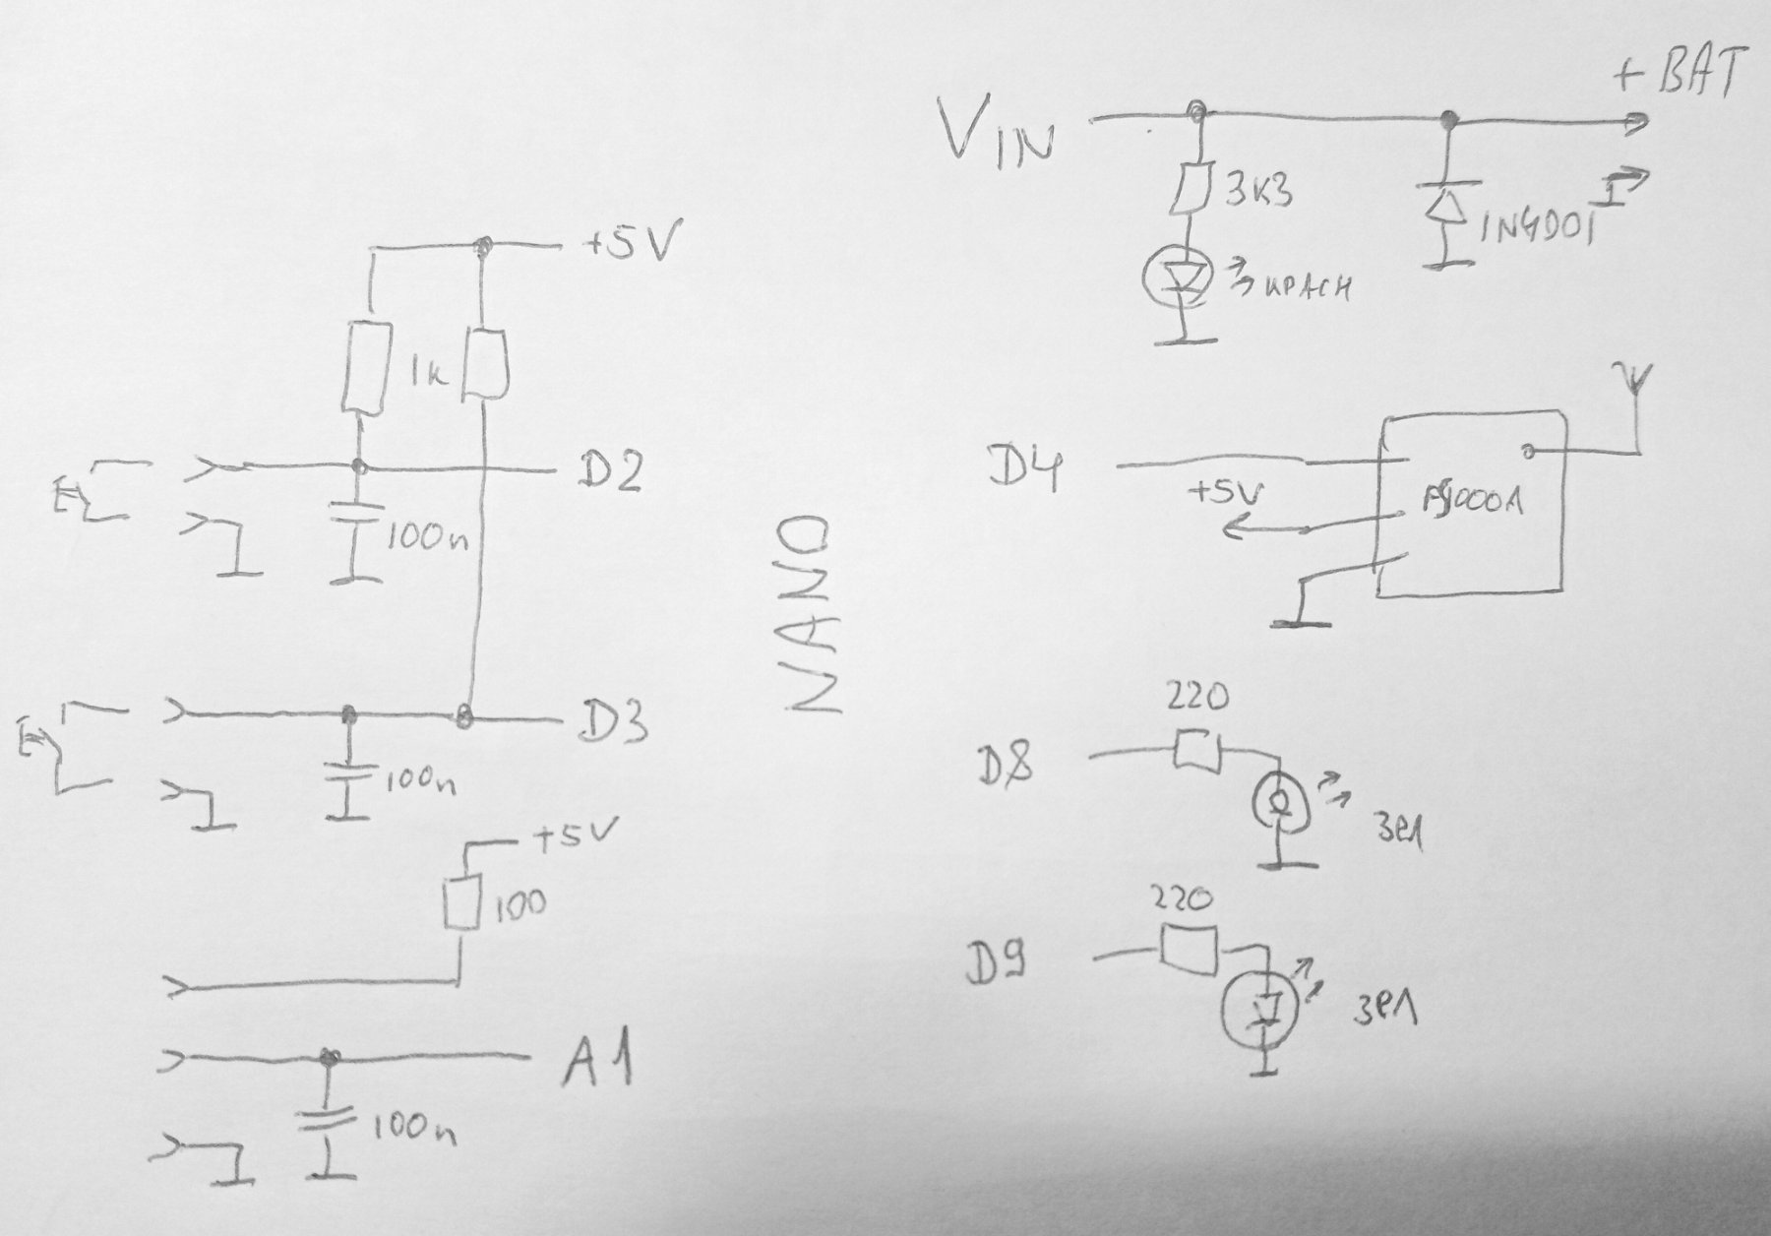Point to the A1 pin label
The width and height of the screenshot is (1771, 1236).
coord(596,1063)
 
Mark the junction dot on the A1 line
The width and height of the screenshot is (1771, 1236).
coord(328,1058)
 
